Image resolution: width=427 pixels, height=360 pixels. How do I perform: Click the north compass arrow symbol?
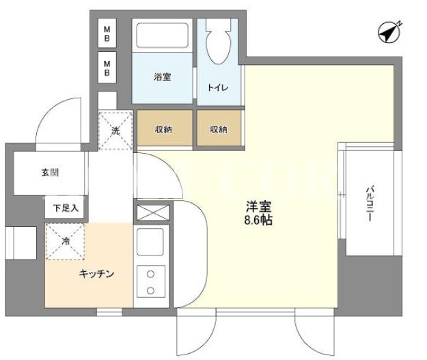point(389,32)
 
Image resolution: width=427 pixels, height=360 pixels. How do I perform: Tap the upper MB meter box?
point(107,33)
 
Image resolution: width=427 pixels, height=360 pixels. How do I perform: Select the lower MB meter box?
point(107,68)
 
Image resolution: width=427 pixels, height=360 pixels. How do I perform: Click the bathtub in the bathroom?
point(163,36)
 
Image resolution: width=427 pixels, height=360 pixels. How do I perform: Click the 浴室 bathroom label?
point(163,77)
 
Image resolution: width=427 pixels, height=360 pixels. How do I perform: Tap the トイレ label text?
point(218,87)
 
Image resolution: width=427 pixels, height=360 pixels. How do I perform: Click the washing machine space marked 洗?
point(115,130)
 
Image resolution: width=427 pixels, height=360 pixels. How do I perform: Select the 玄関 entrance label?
point(50,172)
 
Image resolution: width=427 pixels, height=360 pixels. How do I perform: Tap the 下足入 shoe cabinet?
point(65,207)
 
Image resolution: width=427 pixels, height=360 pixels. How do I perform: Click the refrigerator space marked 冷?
point(65,241)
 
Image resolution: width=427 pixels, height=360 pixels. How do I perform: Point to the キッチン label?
point(96,274)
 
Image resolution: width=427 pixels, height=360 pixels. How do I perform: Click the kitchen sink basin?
point(150,242)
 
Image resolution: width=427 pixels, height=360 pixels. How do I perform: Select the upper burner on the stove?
point(150,274)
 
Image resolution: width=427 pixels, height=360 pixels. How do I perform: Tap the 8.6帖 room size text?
point(258,220)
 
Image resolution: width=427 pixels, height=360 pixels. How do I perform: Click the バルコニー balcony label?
point(370,204)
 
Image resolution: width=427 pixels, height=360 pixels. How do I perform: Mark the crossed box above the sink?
point(153,212)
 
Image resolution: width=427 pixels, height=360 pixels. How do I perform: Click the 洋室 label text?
point(259,207)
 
